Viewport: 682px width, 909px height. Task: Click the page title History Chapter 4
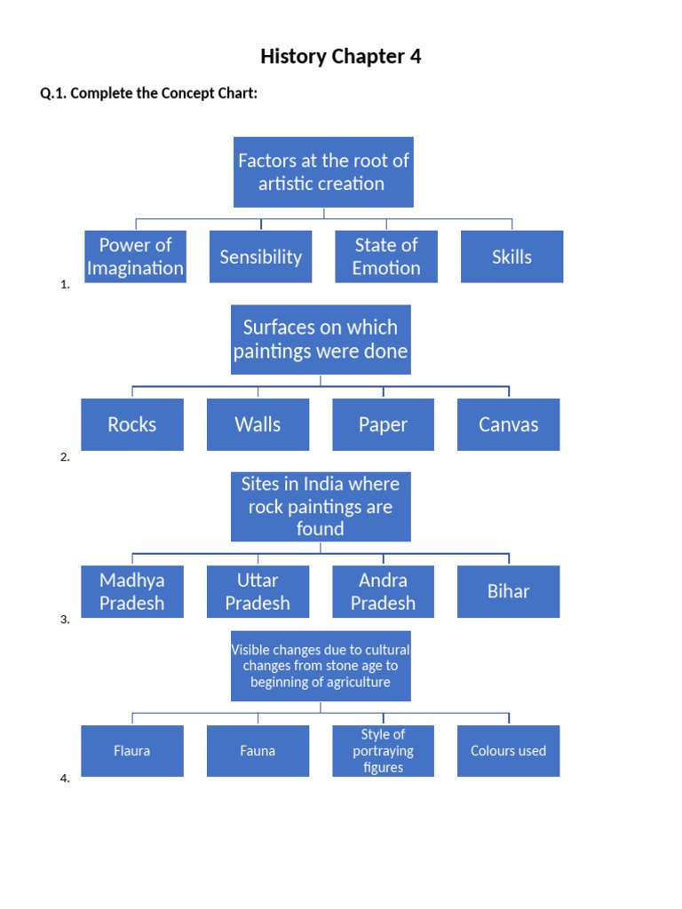(340, 57)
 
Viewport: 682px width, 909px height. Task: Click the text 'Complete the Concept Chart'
(163, 93)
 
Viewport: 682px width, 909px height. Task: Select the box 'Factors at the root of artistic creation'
(323, 172)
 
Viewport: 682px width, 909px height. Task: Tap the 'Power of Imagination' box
(135, 257)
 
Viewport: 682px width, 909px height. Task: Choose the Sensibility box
(260, 257)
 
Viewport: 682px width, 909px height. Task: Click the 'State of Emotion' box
(386, 257)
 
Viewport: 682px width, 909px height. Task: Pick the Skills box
(511, 257)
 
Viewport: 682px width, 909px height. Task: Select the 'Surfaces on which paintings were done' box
(321, 339)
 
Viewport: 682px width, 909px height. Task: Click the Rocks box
(132, 424)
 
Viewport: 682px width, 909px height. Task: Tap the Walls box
(258, 424)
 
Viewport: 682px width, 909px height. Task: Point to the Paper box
(383, 424)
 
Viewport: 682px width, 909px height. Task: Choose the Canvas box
(508, 424)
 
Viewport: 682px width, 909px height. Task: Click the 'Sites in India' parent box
(321, 506)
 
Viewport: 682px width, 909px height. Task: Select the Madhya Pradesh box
(132, 591)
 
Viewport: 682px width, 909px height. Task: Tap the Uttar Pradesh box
(258, 591)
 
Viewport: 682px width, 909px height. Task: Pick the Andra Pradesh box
(383, 591)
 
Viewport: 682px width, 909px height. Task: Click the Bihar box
(508, 591)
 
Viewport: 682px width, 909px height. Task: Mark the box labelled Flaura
(132, 751)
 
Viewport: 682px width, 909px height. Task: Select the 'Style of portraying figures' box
(383, 751)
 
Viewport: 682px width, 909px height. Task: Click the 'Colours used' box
(508, 751)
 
